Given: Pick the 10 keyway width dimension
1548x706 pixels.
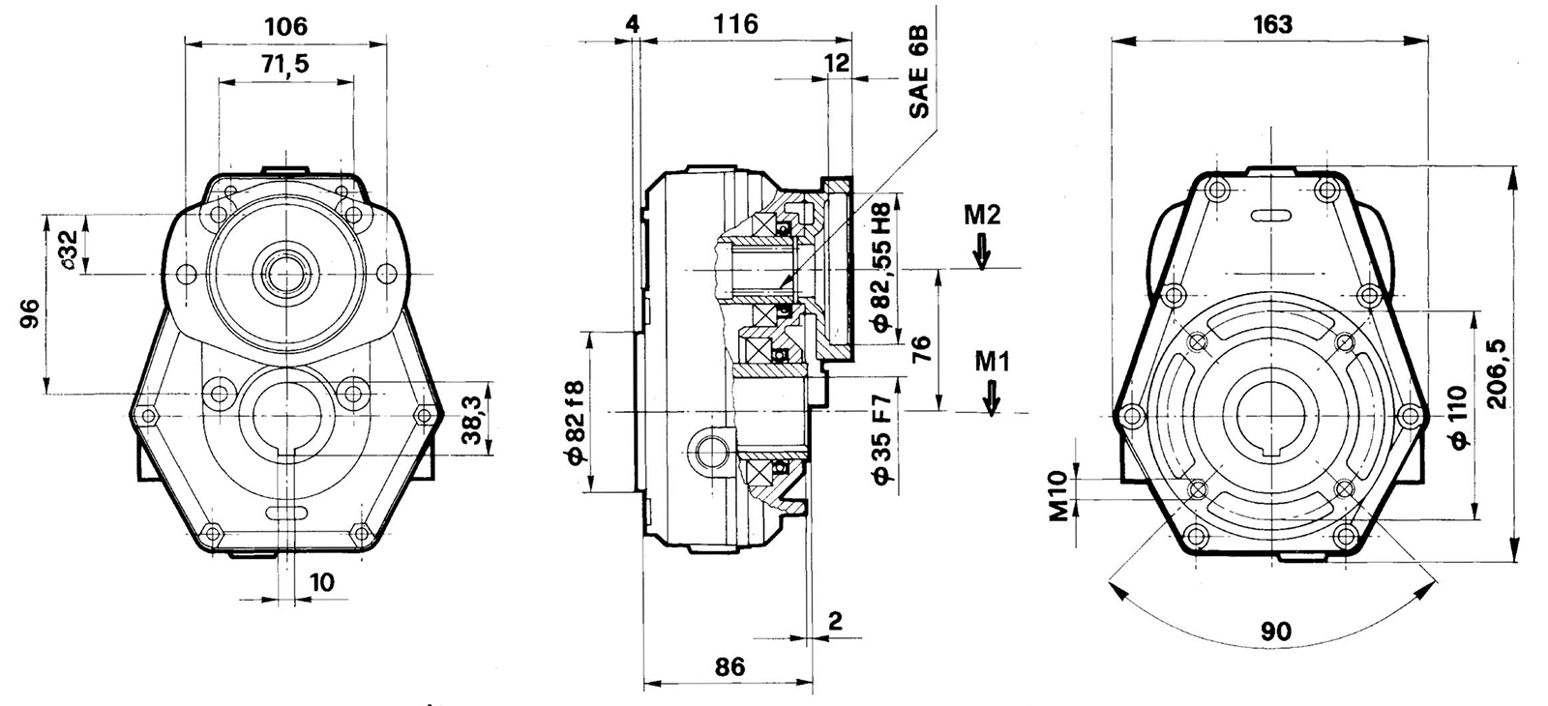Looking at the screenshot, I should pyautogui.click(x=322, y=581).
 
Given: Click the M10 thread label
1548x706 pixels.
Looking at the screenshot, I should pyautogui.click(x=1059, y=494).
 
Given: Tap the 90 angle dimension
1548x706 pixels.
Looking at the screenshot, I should pyautogui.click(x=1275, y=631).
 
